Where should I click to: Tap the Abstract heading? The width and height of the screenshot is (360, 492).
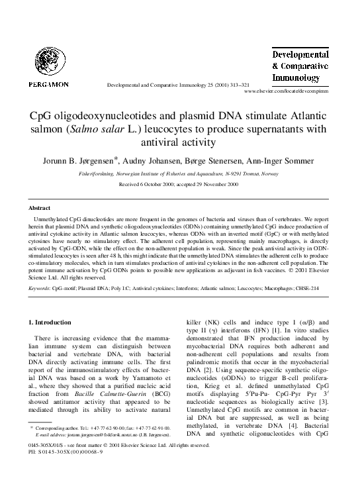tap(40, 207)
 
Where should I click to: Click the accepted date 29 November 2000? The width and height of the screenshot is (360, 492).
tap(216, 184)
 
